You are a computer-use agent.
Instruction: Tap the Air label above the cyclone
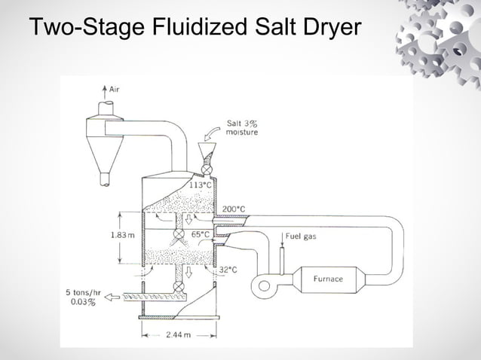click(114, 90)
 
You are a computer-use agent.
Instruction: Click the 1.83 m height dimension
click(122, 235)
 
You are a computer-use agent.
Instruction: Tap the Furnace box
click(328, 279)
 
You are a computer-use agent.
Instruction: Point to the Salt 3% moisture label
click(242, 128)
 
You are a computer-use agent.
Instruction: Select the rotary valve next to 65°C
click(179, 235)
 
